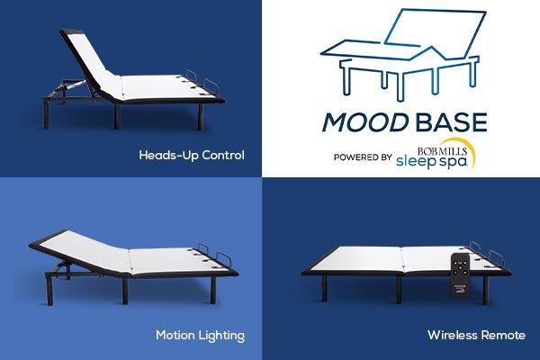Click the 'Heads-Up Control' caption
191,155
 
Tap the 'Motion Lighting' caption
200,335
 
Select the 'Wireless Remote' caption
476,335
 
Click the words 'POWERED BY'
362,157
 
